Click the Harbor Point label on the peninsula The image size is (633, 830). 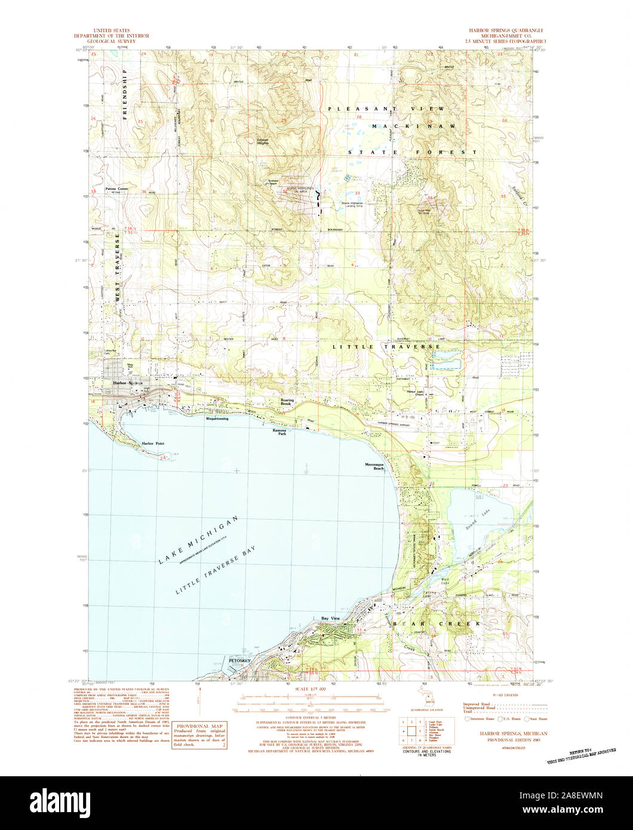pos(153,444)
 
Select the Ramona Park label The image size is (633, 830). pos(279,432)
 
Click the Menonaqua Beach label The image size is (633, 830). pos(374,466)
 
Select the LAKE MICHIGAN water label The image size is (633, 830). pos(198,538)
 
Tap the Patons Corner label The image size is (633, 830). pos(117,189)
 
